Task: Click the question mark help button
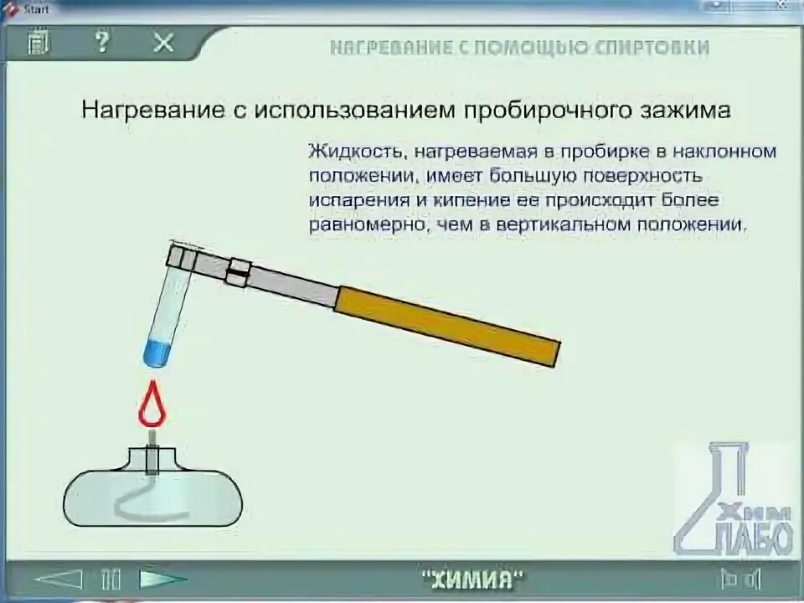click(x=102, y=42)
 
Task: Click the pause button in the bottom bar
click(x=111, y=579)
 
